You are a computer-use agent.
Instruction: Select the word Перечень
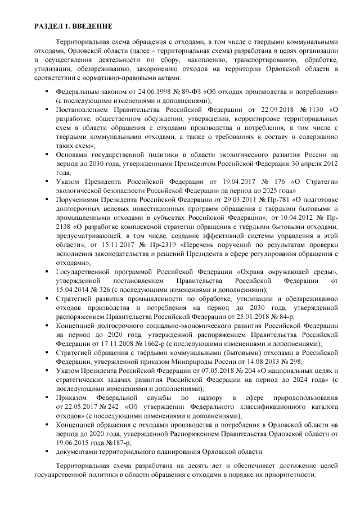coord(196,245)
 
